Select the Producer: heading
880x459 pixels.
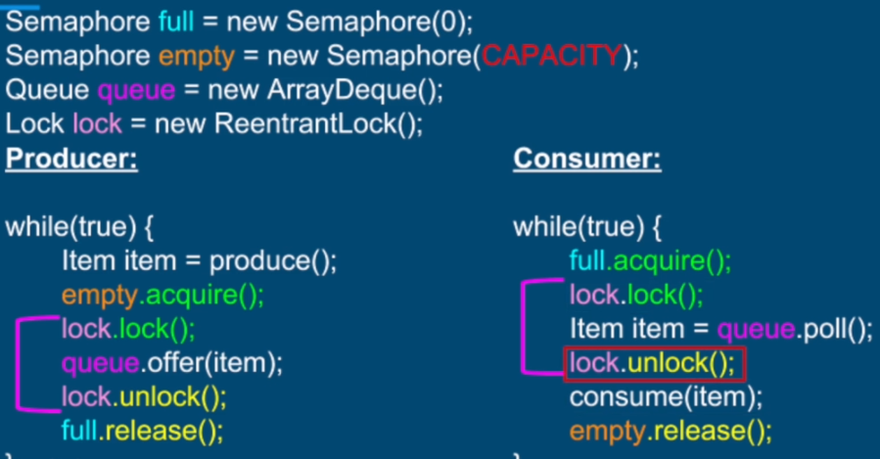point(71,159)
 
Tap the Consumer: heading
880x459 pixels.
point(586,159)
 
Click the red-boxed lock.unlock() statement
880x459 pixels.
point(653,364)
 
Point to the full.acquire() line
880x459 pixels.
point(650,261)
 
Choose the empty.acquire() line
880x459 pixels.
point(162,295)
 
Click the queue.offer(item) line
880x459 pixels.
point(171,363)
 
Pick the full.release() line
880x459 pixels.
point(142,430)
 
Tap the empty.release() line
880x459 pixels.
point(671,431)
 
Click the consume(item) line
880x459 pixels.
point(666,397)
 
